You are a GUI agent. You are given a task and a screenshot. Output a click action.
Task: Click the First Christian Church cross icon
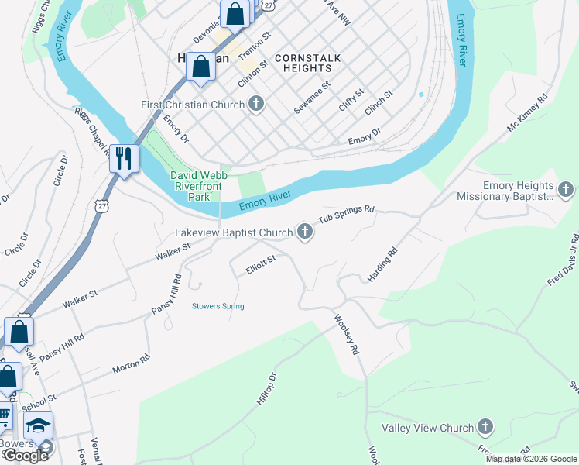click(x=256, y=105)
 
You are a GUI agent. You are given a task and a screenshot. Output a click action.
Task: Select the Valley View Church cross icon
click(x=485, y=428)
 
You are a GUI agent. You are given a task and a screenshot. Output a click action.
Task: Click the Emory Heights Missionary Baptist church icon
click(x=566, y=190)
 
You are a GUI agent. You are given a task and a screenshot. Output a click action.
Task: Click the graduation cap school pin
click(x=38, y=426)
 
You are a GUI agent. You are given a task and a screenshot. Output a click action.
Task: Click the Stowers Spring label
click(x=218, y=306)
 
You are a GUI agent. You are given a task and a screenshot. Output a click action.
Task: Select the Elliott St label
click(x=261, y=263)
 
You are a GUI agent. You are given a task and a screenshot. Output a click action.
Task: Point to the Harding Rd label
click(x=382, y=264)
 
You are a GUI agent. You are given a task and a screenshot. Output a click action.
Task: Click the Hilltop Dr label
click(x=266, y=391)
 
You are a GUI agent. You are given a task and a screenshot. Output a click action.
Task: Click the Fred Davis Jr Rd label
click(x=563, y=260)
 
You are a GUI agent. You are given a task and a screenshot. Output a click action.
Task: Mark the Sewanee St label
click(x=312, y=98)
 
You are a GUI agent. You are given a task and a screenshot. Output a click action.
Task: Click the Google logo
click(x=25, y=456)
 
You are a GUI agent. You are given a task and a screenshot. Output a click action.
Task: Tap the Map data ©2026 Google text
click(x=530, y=459)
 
